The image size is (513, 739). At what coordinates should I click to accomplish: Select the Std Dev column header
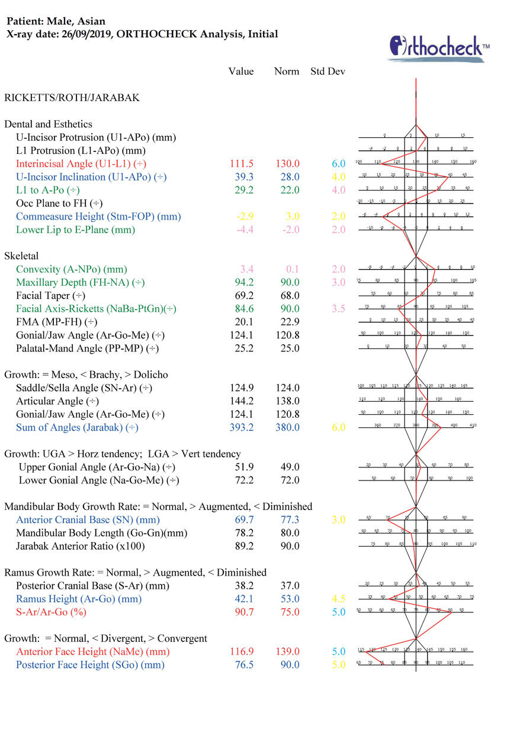click(x=328, y=72)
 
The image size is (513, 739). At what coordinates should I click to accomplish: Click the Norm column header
click(x=287, y=72)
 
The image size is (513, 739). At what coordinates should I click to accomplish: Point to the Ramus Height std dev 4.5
click(x=338, y=599)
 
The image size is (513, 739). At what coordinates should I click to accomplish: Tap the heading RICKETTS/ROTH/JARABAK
click(x=72, y=98)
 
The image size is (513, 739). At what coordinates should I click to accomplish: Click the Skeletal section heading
click(x=21, y=256)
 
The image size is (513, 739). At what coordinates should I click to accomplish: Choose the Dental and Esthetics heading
click(x=48, y=124)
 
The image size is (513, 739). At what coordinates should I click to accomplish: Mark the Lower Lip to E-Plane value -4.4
click(x=241, y=230)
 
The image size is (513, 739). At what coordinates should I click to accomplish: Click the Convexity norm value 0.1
click(x=290, y=269)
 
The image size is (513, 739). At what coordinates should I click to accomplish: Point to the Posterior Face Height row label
click(x=90, y=664)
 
